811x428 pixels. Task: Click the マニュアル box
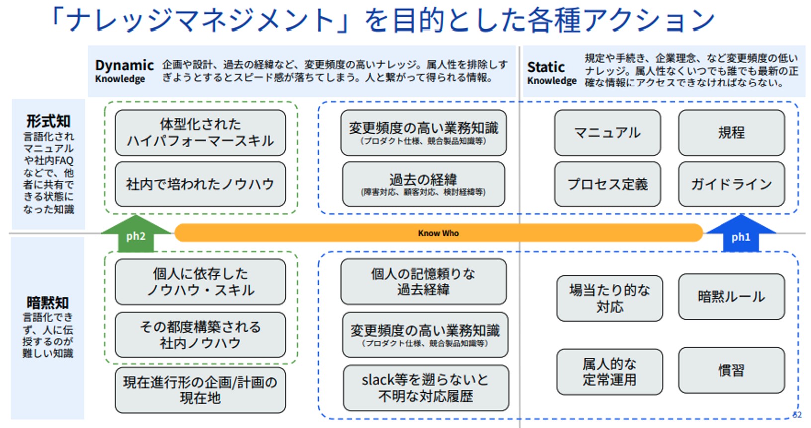(607, 133)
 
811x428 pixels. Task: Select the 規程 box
(731, 133)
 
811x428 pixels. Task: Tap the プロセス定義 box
(607, 184)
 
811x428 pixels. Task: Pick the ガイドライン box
(731, 184)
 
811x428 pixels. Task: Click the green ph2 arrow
(135, 235)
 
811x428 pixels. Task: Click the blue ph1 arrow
(740, 235)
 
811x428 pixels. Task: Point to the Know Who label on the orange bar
(438, 233)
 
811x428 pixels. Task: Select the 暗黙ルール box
(731, 297)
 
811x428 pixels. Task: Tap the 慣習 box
(731, 370)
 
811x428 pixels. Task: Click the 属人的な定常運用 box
(610, 372)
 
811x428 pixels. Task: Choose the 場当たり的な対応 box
(610, 298)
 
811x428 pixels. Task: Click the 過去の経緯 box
(423, 184)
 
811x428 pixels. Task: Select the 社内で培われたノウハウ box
(200, 184)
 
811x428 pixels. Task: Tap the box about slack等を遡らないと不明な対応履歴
(426, 388)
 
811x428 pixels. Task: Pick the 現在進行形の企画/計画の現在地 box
(200, 390)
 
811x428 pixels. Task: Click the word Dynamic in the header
(124, 65)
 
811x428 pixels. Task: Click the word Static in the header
(545, 67)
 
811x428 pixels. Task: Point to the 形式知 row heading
(48, 121)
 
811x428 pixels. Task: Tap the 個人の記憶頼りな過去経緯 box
(423, 281)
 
